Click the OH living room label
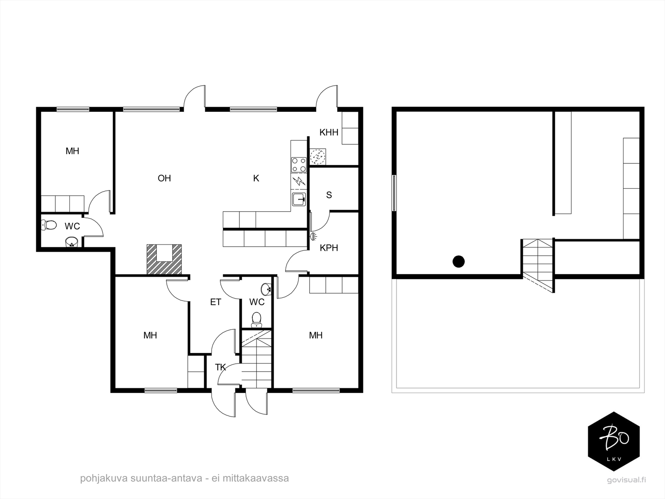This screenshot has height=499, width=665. pos(164,178)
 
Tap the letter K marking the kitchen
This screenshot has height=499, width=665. pos(256,178)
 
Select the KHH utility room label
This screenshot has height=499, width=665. pos(329,132)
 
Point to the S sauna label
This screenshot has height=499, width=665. pos(329,195)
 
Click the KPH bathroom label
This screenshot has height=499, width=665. pos(329,248)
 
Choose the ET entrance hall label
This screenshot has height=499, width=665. pos(215,302)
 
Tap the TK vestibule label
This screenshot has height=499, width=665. pos(220,367)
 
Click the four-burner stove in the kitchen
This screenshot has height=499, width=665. pos(299,165)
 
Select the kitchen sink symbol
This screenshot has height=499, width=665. pos(299,199)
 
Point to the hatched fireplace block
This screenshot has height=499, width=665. pos(164,259)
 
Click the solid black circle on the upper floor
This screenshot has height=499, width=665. pos(459,262)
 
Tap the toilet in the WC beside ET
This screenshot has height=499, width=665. pos(256,320)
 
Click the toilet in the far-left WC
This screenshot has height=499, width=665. pos(49,225)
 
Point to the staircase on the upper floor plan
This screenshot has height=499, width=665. pos(538,266)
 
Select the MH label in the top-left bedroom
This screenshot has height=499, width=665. pos(72,151)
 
